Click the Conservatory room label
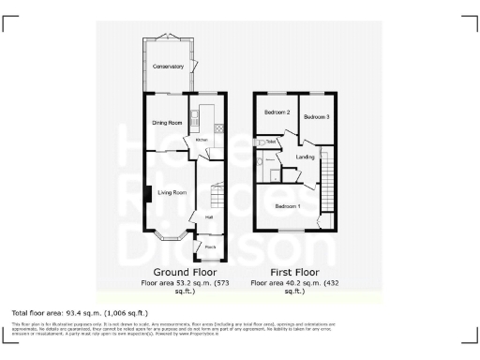168,67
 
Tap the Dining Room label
167,122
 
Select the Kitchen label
201,141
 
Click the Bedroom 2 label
276,113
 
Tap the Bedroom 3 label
315,117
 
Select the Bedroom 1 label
287,205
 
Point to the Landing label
305,157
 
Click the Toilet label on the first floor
270,142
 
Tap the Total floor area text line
80,311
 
